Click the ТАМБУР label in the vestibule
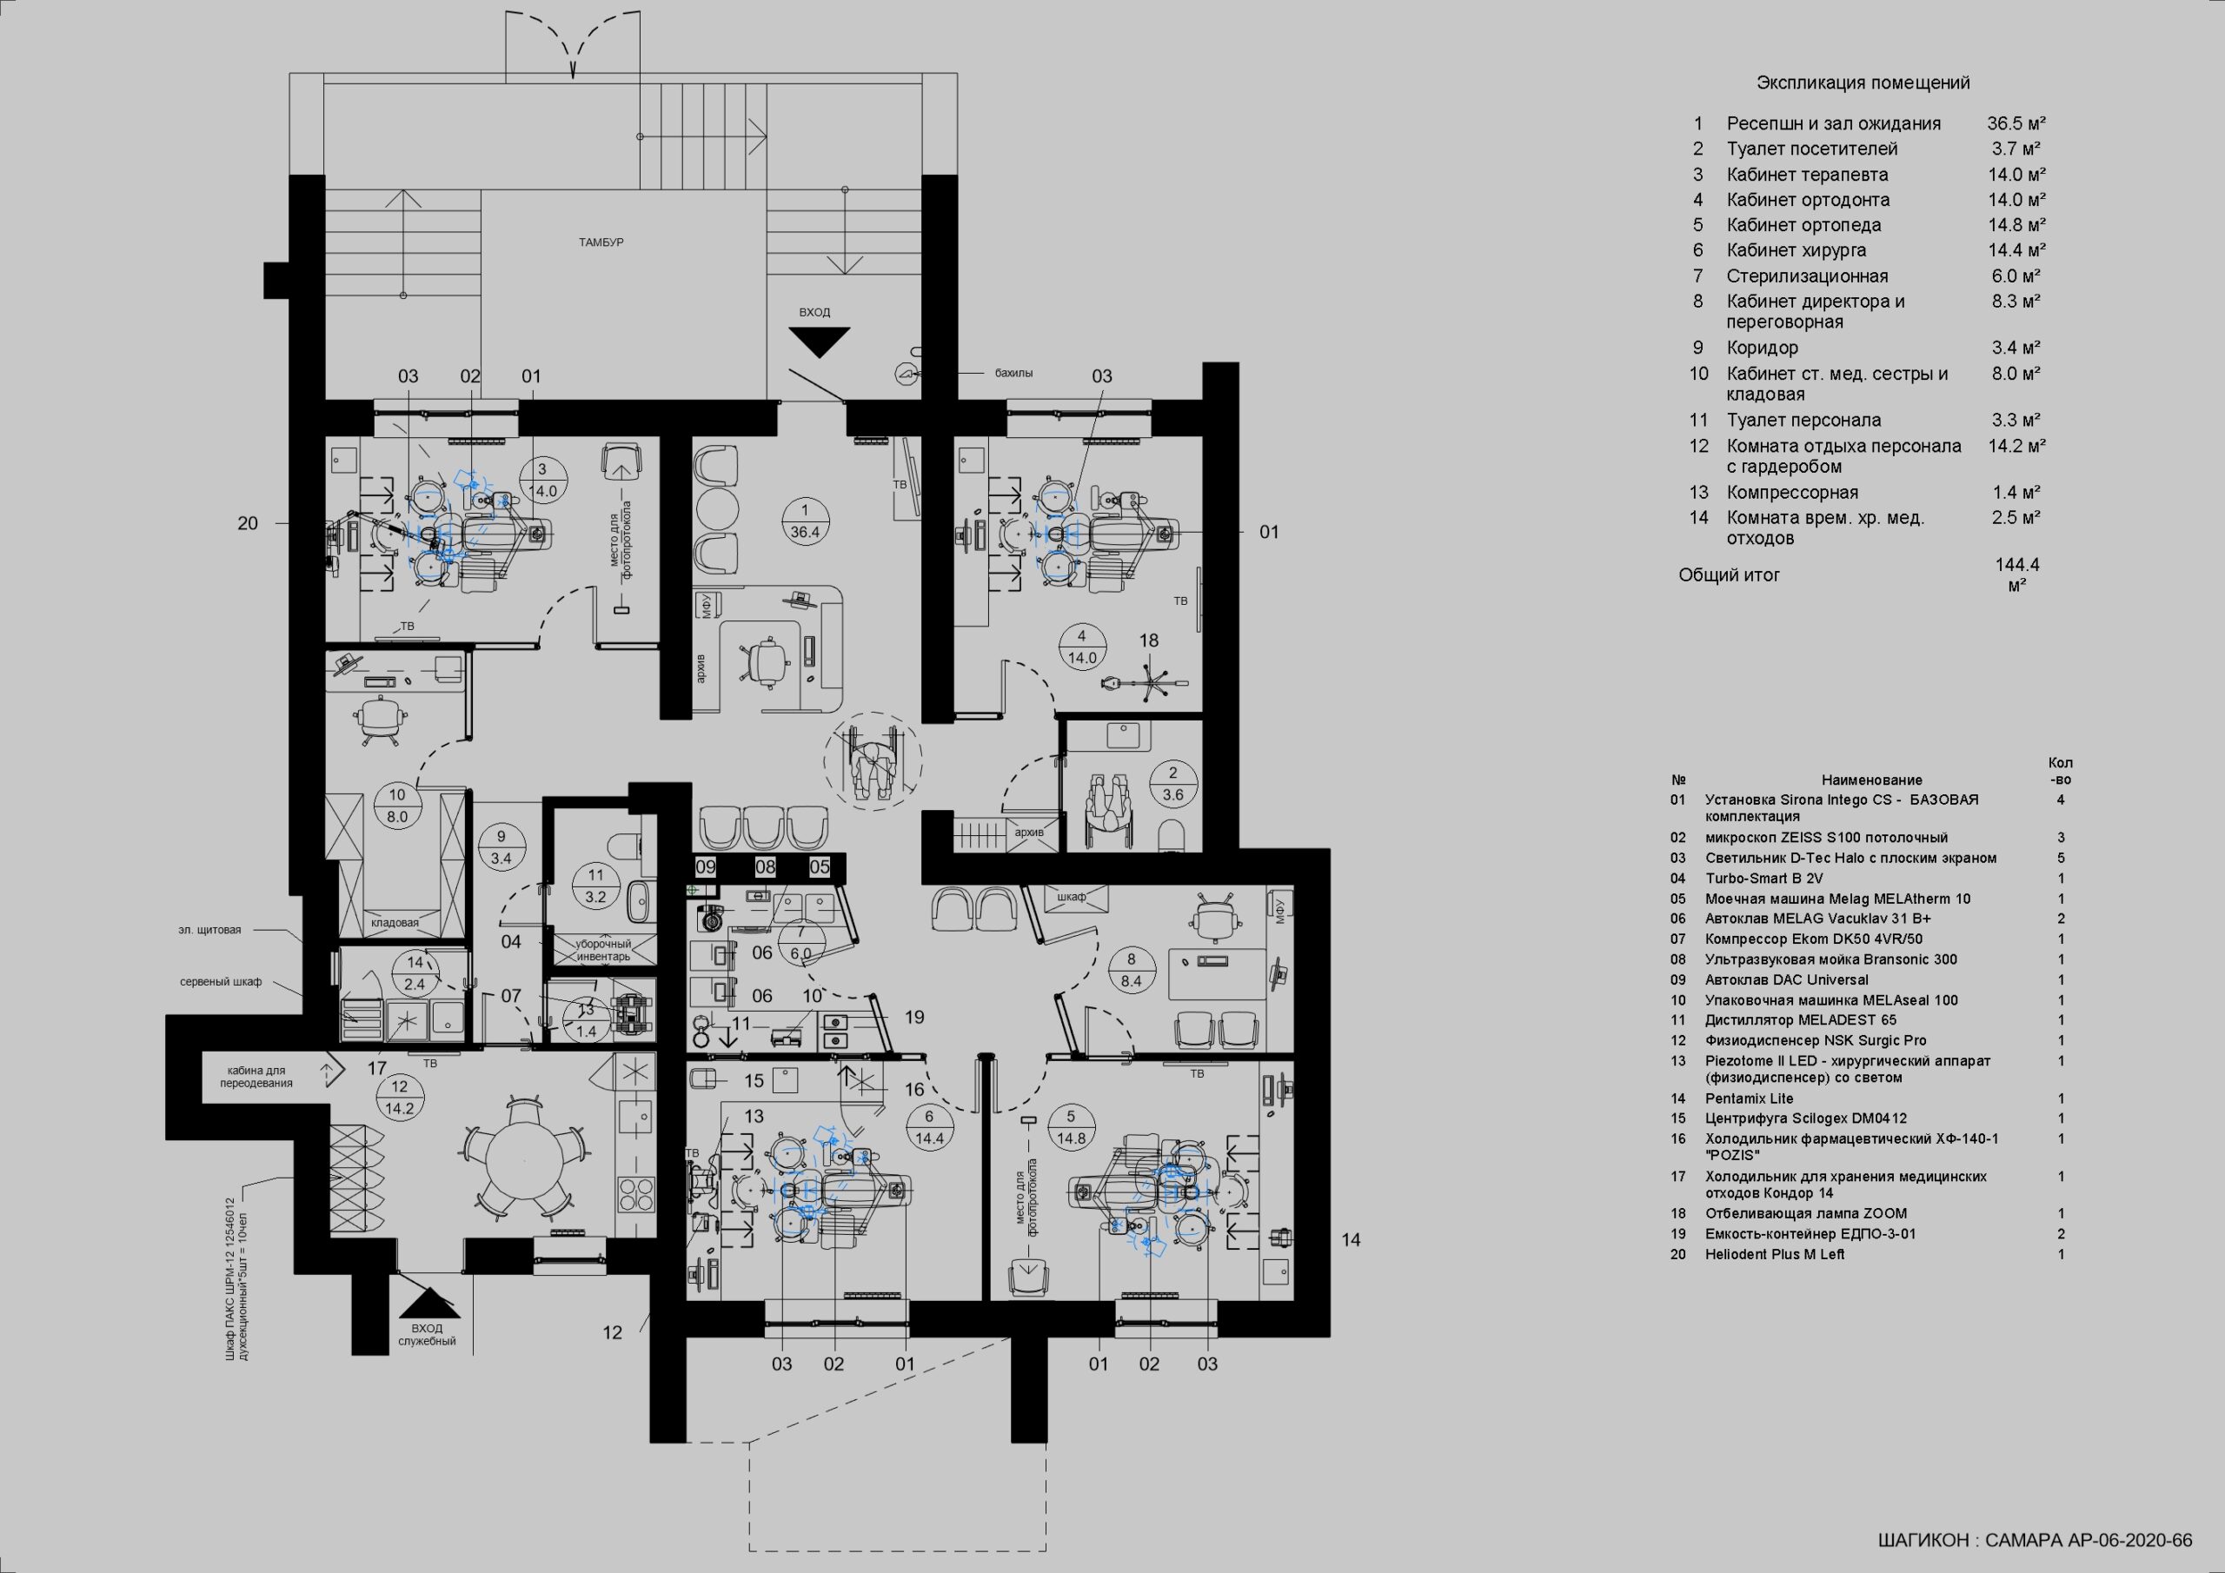(x=601, y=242)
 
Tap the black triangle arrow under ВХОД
(x=819, y=342)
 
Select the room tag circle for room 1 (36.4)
(x=804, y=521)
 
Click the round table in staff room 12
(x=524, y=1161)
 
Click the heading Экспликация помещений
(x=1863, y=83)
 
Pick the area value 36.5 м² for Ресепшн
(x=2016, y=124)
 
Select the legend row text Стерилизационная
(x=1806, y=276)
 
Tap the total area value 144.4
(x=2017, y=565)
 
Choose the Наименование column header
(x=1871, y=780)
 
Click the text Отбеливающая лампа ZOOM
(x=1805, y=1213)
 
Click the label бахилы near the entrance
(x=1013, y=373)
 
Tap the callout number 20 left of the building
(x=248, y=523)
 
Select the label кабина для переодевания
(x=260, y=1077)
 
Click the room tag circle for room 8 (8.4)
(x=1131, y=970)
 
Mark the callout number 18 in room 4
(x=1148, y=640)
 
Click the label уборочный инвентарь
(x=604, y=950)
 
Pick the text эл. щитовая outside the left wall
(x=209, y=931)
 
